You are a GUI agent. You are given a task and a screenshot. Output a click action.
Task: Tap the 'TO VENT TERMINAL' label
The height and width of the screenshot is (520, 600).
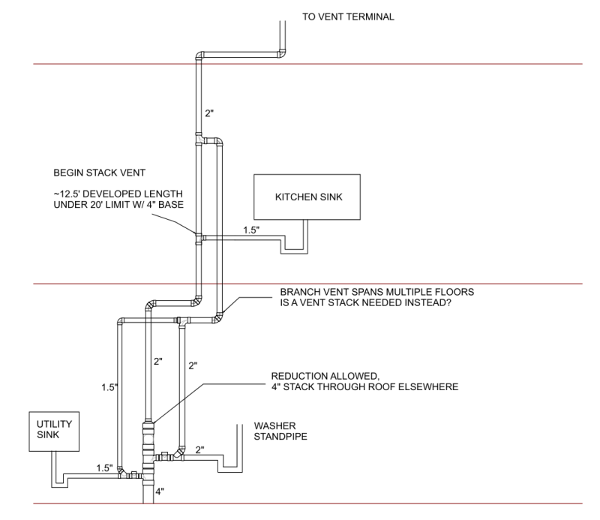348,17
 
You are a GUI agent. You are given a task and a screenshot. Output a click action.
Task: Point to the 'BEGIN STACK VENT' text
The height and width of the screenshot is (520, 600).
99,173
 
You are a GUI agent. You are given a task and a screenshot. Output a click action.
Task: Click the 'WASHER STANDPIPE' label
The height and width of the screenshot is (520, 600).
280,431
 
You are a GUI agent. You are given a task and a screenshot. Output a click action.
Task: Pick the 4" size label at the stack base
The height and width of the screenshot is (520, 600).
160,491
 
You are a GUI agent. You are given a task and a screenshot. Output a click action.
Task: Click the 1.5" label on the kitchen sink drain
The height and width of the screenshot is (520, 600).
251,230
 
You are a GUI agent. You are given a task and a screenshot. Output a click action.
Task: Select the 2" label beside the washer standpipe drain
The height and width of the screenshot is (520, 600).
199,450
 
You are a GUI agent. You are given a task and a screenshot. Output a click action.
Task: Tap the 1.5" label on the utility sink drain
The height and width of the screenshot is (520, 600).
104,468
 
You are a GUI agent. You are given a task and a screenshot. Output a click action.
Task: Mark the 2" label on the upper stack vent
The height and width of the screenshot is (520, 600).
209,113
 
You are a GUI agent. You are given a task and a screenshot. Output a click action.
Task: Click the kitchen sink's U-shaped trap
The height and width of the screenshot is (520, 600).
294,251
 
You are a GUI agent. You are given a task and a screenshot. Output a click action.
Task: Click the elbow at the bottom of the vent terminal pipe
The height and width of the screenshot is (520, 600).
282,54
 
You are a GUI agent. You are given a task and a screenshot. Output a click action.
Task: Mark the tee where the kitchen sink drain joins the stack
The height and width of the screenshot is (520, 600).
199,238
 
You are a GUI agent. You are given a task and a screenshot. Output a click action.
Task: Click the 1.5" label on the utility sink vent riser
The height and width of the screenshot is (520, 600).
109,387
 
